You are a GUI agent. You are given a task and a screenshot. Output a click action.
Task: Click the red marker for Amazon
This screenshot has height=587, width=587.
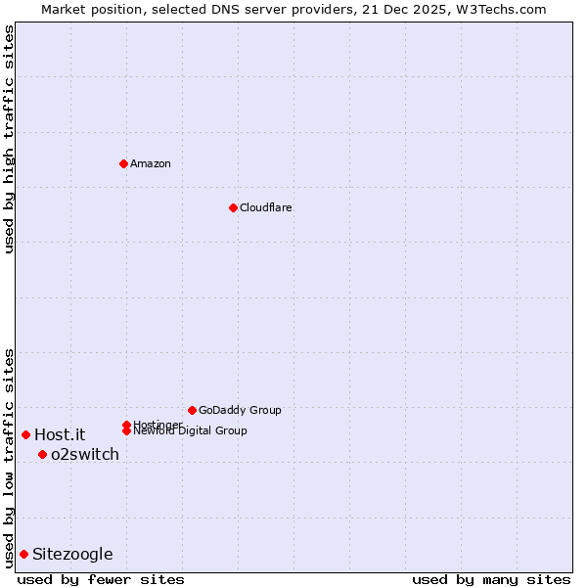tap(123, 163)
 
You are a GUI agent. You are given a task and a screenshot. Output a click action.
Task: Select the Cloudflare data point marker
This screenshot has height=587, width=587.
tap(233, 207)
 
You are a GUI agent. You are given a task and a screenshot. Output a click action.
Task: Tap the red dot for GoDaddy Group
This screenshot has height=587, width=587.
tap(192, 410)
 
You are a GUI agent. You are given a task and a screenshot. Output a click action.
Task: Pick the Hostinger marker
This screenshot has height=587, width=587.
tap(126, 425)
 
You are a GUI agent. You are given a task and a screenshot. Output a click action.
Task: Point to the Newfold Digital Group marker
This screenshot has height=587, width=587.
tap(126, 430)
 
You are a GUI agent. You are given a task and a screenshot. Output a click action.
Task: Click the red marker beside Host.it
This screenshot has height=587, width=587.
tap(25, 434)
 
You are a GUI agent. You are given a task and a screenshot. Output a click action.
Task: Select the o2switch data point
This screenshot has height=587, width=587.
tap(42, 454)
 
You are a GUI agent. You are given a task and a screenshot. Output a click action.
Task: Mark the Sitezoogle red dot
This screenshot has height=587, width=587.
tap(23, 554)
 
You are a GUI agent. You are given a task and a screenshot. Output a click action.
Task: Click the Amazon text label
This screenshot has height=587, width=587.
tap(150, 163)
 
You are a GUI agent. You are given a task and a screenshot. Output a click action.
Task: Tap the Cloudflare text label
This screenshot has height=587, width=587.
tap(265, 207)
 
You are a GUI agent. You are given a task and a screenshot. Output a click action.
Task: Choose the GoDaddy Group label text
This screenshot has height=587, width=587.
tap(240, 410)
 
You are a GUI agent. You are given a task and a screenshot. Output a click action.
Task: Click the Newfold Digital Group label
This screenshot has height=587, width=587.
tap(190, 430)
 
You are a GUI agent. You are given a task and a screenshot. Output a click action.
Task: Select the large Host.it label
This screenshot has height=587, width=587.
tap(60, 434)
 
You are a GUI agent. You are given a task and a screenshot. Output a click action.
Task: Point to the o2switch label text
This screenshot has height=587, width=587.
tap(85, 454)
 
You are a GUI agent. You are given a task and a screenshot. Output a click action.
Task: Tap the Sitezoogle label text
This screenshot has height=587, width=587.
tap(72, 554)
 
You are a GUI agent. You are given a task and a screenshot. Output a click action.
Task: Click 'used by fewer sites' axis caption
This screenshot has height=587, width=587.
tap(101, 579)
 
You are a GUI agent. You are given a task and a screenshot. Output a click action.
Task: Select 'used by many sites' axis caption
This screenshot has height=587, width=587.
tap(491, 579)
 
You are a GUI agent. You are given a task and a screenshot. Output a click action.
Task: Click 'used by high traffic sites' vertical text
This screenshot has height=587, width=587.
tap(9, 139)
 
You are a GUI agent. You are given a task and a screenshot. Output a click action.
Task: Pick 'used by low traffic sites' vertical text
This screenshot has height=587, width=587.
tap(9, 458)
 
